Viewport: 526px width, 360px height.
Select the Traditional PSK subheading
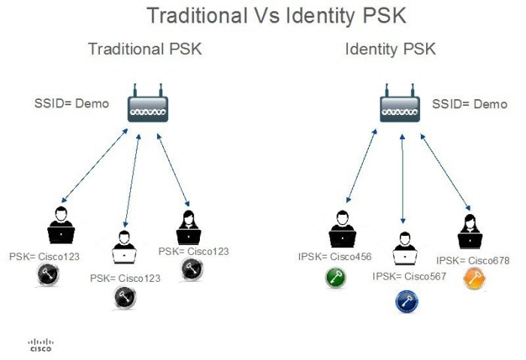[x=144, y=50]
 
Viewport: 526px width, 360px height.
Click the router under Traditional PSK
[x=147, y=107]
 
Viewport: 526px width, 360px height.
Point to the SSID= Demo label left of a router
[x=72, y=104]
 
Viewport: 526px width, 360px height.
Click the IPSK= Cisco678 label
[x=473, y=261]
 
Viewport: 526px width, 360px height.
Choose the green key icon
[x=335, y=278]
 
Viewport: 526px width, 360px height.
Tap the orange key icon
[x=473, y=280]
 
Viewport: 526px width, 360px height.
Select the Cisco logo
[x=41, y=345]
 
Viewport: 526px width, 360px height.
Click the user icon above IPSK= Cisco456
[x=343, y=228]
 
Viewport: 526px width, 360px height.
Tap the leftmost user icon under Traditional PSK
[x=61, y=225]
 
